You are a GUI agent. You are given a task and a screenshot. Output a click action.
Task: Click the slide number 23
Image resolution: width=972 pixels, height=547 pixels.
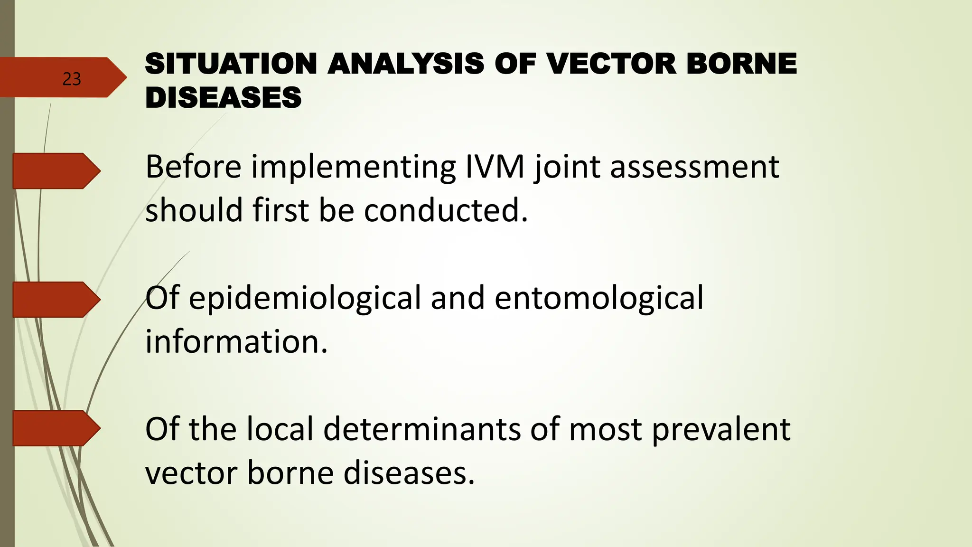(x=72, y=79)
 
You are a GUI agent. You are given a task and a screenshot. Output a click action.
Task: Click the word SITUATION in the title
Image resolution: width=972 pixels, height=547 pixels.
(x=231, y=64)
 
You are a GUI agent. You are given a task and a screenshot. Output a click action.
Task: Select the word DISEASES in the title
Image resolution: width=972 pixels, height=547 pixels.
(x=223, y=98)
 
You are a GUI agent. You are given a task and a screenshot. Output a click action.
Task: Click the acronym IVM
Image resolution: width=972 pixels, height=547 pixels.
(x=495, y=167)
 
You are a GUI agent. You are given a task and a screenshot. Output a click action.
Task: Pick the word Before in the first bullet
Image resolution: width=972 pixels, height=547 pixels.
(x=193, y=167)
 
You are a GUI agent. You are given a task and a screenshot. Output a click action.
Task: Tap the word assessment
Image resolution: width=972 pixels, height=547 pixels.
(x=694, y=167)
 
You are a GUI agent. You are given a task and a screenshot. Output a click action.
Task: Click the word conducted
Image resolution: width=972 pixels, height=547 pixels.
(x=446, y=210)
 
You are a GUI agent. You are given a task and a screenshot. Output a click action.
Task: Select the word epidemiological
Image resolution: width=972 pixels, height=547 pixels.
(x=305, y=298)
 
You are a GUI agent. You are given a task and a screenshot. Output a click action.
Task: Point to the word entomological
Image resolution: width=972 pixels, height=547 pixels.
(x=599, y=298)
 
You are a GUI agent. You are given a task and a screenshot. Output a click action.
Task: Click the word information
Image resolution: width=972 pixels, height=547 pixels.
(x=236, y=341)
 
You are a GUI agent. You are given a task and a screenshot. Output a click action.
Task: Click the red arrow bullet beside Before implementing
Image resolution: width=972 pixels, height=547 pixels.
(x=55, y=171)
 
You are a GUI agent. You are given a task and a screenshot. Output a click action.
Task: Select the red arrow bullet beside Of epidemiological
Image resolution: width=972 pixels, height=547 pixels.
(x=55, y=300)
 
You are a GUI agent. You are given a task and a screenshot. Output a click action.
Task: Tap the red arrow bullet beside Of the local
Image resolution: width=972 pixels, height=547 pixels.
(x=55, y=428)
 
